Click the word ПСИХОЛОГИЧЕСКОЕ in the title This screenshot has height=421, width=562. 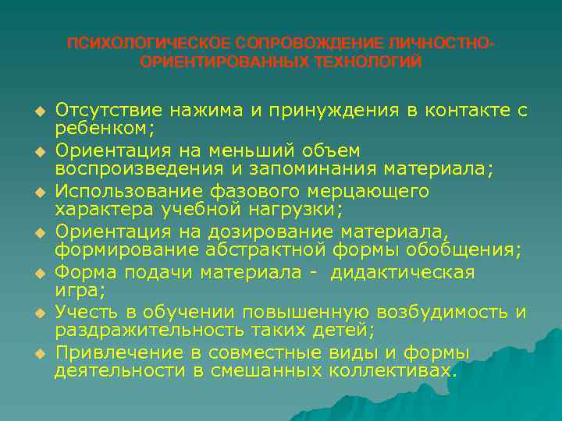[x=128, y=42]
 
